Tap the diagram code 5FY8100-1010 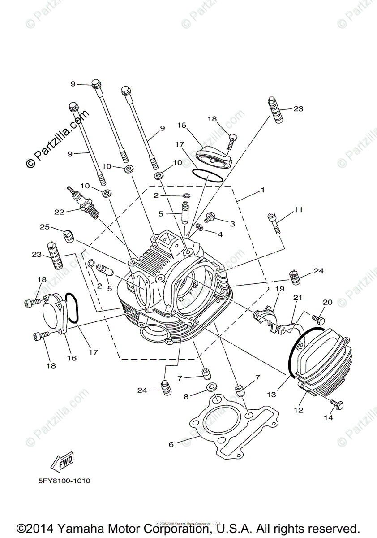click(64, 481)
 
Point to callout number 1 click(263, 190)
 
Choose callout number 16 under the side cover click(72, 358)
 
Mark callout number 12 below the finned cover click(298, 410)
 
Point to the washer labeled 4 click(199, 229)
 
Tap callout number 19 click(280, 289)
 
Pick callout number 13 click(271, 395)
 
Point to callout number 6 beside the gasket click(171, 445)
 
